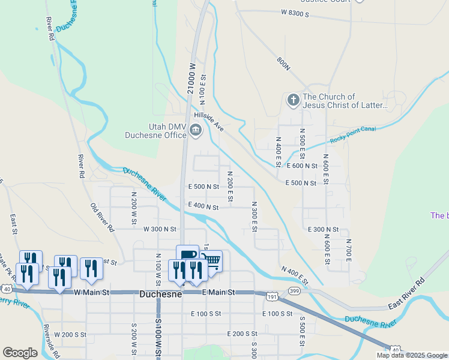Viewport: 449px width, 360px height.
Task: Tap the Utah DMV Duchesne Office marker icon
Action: (x=196, y=130)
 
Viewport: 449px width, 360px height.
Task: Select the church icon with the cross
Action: (x=293, y=100)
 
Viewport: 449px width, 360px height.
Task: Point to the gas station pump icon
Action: (x=187, y=254)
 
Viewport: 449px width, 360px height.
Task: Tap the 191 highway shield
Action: (x=272, y=296)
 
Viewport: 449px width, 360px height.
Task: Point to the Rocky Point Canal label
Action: (x=353, y=135)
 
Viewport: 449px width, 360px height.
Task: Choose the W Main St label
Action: (x=91, y=292)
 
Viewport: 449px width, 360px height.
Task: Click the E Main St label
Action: (x=218, y=292)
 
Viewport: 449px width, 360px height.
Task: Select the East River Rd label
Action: (x=406, y=293)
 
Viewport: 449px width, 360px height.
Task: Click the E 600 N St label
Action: (x=302, y=166)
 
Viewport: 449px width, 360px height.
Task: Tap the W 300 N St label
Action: (x=160, y=229)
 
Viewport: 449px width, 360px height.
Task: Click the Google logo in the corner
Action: (x=20, y=352)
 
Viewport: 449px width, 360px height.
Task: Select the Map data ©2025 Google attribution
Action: (x=412, y=355)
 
